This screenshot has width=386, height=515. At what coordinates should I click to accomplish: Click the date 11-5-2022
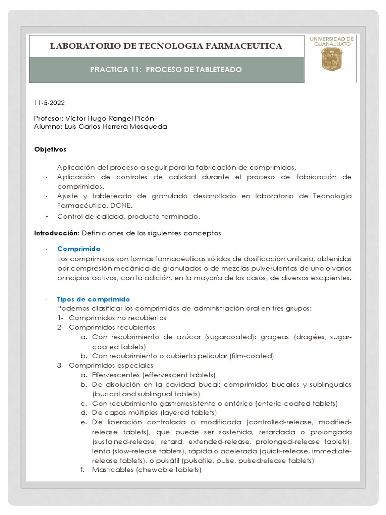49,102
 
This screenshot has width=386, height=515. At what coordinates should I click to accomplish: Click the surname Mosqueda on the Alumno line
149,127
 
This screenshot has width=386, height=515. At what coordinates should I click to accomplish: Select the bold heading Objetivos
50,150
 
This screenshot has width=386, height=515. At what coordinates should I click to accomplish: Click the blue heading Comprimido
79,249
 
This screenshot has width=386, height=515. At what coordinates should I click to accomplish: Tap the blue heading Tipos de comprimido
93,299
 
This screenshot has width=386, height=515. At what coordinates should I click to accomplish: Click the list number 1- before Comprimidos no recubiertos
61,318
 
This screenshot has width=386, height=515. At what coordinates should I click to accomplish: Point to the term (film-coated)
252,356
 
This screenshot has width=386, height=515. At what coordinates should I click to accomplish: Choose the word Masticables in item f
113,470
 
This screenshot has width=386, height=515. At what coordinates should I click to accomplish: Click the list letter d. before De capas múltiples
84,413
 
